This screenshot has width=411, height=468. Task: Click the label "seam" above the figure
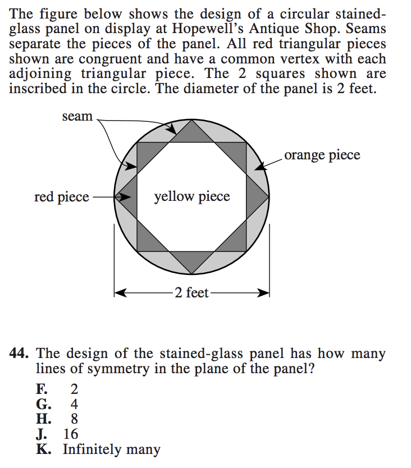pos(77,117)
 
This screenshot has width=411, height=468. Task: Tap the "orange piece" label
pos(322,155)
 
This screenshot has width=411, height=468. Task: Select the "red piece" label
pos(61,197)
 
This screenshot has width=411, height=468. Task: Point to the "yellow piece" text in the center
pos(192,196)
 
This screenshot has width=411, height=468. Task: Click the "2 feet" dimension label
pos(191,292)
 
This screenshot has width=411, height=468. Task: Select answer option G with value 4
pos(58,404)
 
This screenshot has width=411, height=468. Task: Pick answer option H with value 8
pos(58,419)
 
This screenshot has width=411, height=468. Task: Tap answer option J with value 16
pos(58,434)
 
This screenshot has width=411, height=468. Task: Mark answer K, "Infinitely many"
pos(99,449)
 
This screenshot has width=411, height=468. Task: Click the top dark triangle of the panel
pos(192,133)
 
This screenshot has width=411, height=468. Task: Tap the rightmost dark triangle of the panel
pos(256,197)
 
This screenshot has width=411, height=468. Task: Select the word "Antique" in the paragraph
pos(295,28)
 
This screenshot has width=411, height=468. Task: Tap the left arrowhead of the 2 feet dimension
pos(120,292)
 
